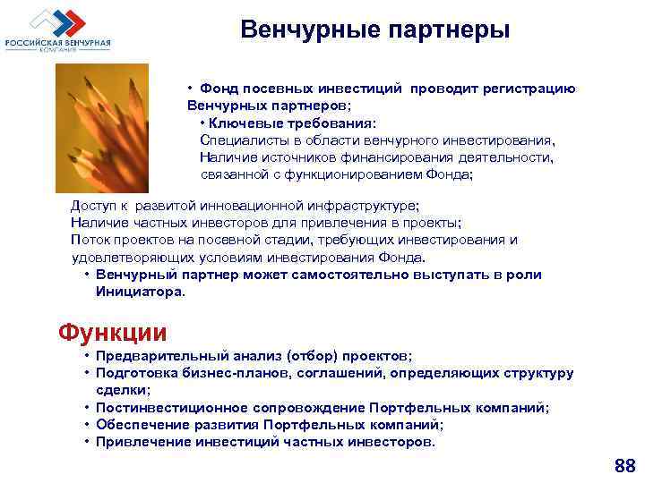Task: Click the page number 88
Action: coord(623,466)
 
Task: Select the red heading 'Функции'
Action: coord(112,333)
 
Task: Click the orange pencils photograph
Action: coord(114,124)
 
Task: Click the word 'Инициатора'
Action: coord(139,291)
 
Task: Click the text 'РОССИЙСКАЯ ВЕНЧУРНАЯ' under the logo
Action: coord(58,42)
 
